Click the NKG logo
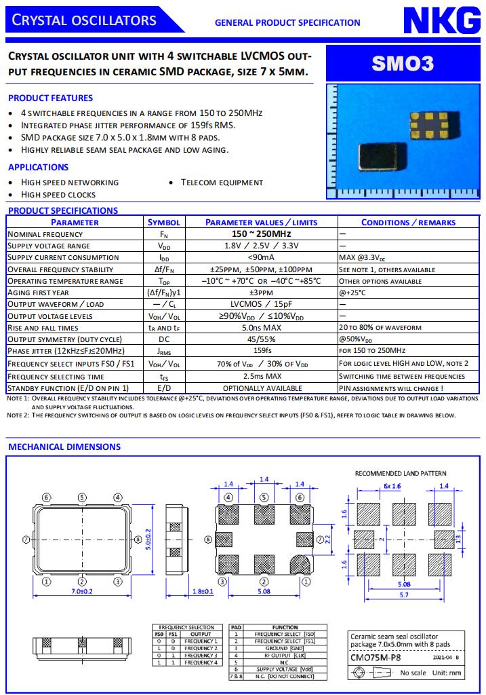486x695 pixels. pyautogui.click(x=441, y=22)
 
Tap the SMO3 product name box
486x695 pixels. pyautogui.click(x=402, y=64)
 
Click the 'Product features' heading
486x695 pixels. pyautogui.click(x=50, y=98)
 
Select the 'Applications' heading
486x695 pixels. pyautogui.click(x=38, y=167)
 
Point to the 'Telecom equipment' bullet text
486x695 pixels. pyautogui.click(x=222, y=182)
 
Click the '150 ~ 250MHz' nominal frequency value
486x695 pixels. pyautogui.click(x=261, y=234)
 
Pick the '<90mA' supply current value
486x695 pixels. pyautogui.click(x=261, y=257)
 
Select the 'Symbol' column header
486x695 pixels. pyautogui.click(x=164, y=223)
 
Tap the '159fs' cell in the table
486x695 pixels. pyautogui.click(x=261, y=351)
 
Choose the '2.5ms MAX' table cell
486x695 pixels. pyautogui.click(x=261, y=376)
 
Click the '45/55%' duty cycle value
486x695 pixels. pyautogui.click(x=261, y=339)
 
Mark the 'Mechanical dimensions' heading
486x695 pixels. pyautogui.click(x=64, y=447)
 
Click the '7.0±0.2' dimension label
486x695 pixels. pyautogui.click(x=81, y=591)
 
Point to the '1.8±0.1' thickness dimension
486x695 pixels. pyautogui.click(x=203, y=591)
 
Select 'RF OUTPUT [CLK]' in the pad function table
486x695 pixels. pyautogui.click(x=285, y=655)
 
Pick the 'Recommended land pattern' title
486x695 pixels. pyautogui.click(x=401, y=473)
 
